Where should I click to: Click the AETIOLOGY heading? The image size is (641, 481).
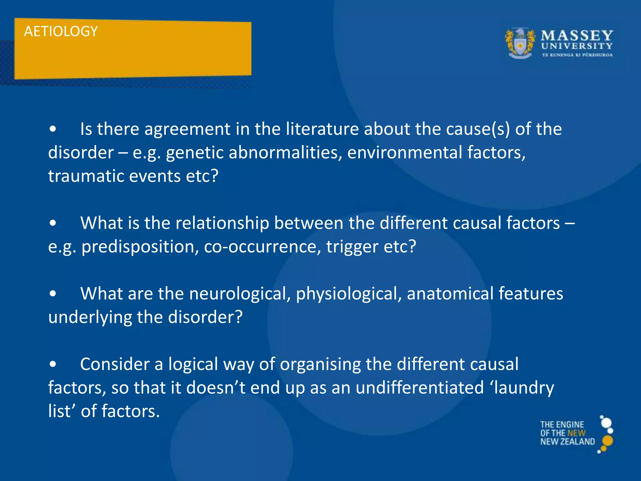pyautogui.click(x=61, y=31)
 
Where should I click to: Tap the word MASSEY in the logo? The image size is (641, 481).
pyautogui.click(x=577, y=35)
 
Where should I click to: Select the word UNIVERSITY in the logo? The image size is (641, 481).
pyautogui.click(x=577, y=46)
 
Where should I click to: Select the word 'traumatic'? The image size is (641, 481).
pyautogui.click(x=86, y=176)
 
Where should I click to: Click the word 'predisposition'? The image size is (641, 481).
pyautogui.click(x=140, y=246)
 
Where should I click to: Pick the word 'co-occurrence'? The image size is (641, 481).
pyautogui.click(x=262, y=246)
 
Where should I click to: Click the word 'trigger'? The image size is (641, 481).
pyautogui.click(x=352, y=246)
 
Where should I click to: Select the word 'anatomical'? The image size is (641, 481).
pyautogui.click(x=450, y=293)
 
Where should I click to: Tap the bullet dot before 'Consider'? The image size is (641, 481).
pyautogui.click(x=53, y=364)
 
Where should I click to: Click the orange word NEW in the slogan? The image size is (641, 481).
pyautogui.click(x=576, y=433)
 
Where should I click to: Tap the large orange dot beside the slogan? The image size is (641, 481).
pyautogui.click(x=608, y=441)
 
